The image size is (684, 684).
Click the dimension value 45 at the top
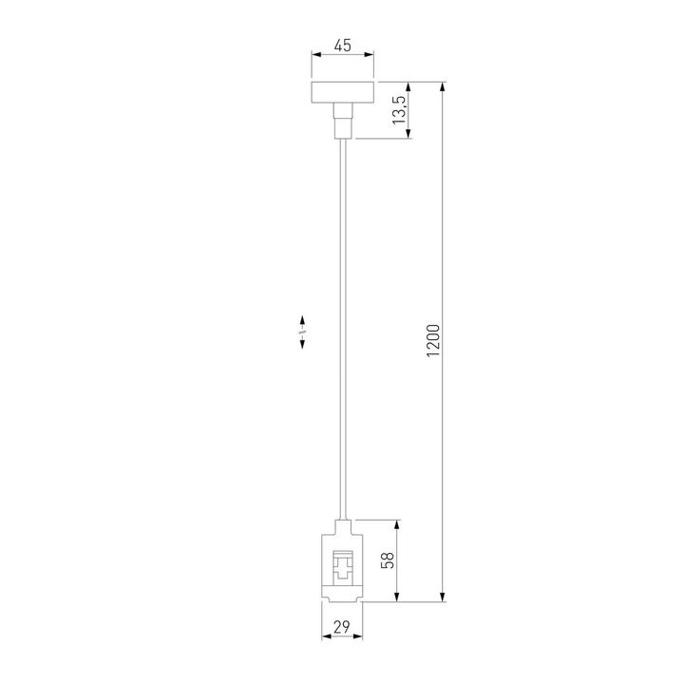tap(342, 45)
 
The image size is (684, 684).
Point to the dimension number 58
tap(387, 560)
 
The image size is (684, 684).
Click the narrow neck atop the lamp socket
tap(342, 523)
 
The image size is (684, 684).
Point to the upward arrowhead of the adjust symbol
tap(302, 320)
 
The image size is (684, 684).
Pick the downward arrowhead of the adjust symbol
tap(302, 346)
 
